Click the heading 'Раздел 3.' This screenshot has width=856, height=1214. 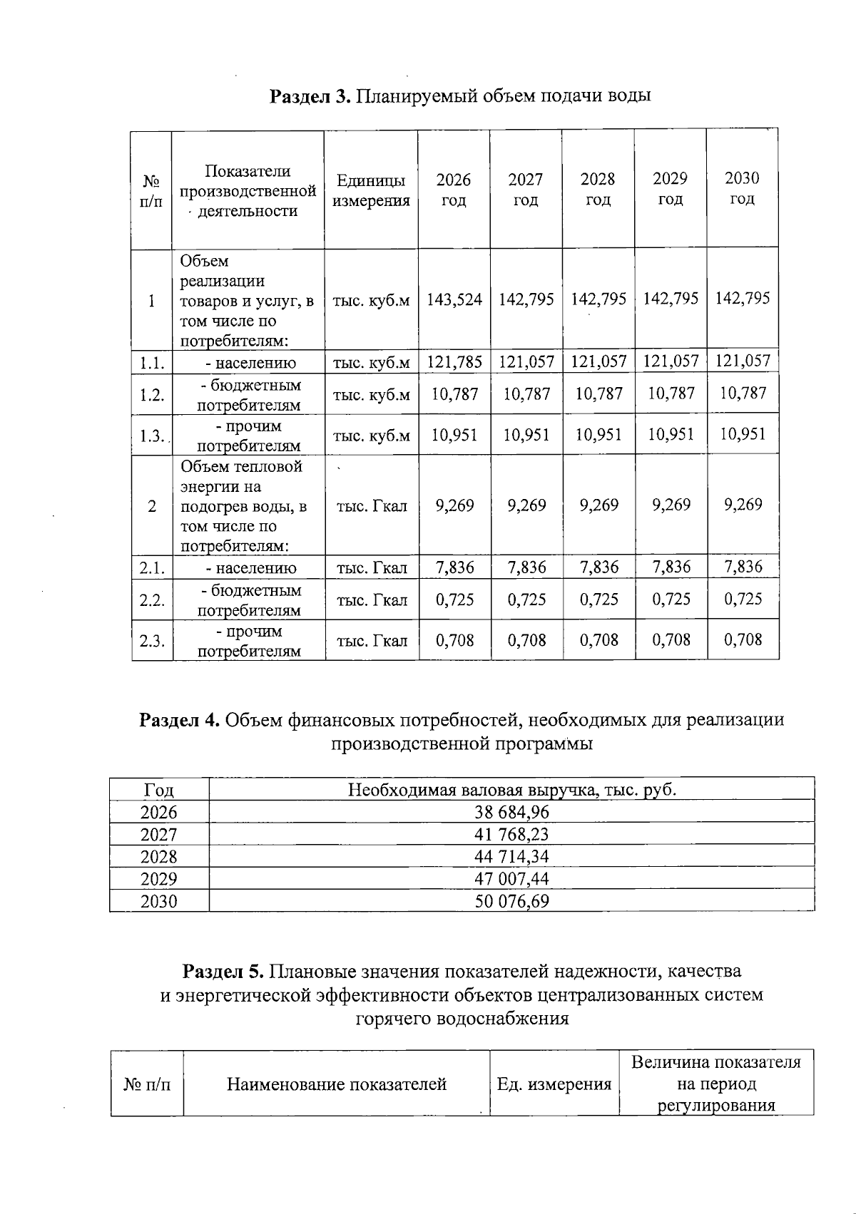[310, 96]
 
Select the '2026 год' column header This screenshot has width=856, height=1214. [454, 190]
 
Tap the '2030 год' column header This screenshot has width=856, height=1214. [742, 188]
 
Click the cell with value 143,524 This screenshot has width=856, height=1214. [454, 299]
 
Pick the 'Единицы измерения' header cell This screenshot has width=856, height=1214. [371, 190]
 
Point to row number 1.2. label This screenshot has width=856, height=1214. [152, 395]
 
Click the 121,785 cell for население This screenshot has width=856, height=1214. [454, 362]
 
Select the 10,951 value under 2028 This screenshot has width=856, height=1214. [598, 435]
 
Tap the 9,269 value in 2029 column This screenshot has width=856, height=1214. [671, 505]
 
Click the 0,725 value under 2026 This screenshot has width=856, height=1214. [454, 600]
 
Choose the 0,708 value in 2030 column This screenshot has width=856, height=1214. [743, 640]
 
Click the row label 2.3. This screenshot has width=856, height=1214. [152, 641]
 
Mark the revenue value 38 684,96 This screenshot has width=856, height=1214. [511, 812]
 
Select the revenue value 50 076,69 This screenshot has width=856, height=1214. [511, 901]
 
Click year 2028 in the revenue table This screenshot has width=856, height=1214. [158, 857]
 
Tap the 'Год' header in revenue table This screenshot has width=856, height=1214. [158, 790]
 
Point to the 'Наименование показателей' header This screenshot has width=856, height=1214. [336, 1084]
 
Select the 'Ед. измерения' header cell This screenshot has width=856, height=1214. [554, 1084]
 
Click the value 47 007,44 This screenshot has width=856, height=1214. [511, 879]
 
